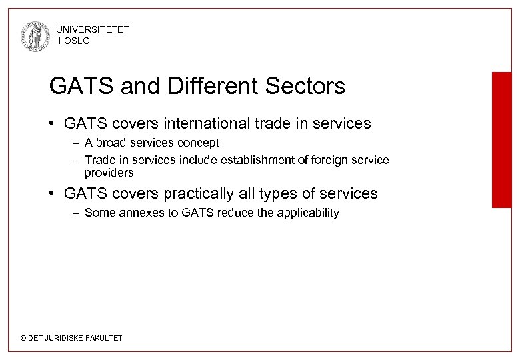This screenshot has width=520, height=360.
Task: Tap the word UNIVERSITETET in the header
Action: (x=93, y=29)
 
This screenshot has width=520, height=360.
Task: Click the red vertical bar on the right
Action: (x=501, y=140)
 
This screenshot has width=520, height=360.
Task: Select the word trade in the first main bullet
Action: (x=283, y=123)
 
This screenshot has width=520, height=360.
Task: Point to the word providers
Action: (x=109, y=172)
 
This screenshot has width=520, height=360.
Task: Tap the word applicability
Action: (x=307, y=213)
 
